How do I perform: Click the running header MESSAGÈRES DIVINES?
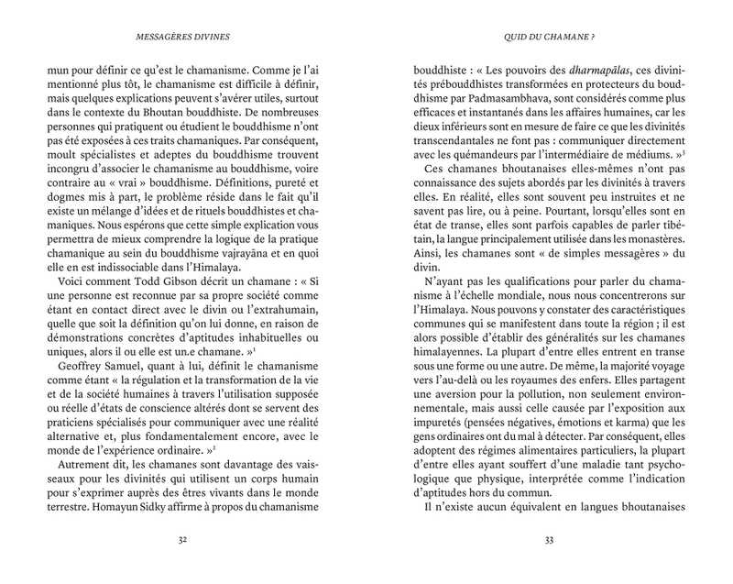(x=183, y=38)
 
